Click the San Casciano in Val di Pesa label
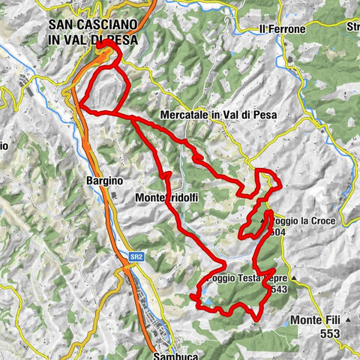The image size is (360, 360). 91,31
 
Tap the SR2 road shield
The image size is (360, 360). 135,257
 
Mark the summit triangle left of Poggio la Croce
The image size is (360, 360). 263,222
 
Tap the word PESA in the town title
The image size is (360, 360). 120,40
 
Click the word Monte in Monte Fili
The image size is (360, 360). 304,320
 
